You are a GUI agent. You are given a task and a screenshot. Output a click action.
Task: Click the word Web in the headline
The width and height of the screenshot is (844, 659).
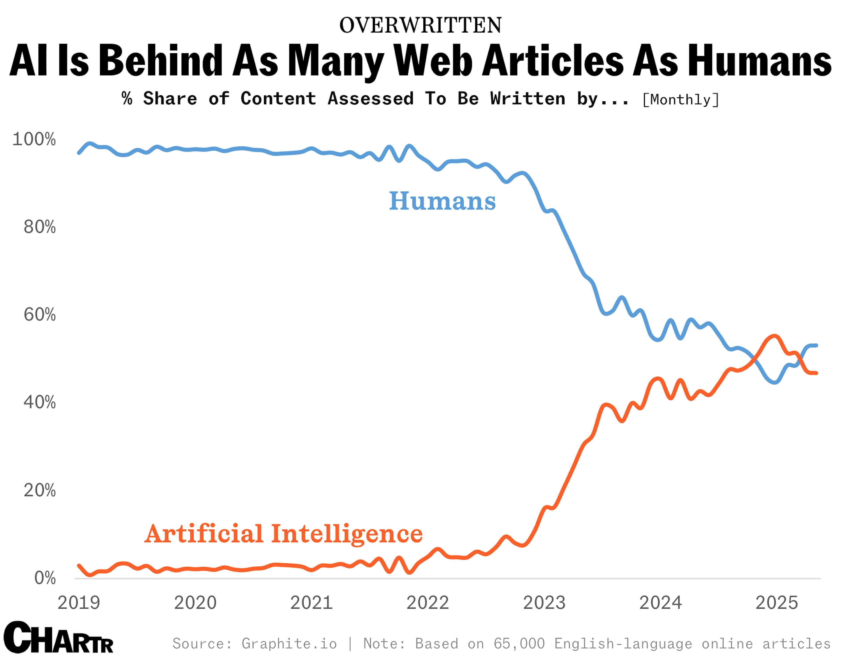(434, 61)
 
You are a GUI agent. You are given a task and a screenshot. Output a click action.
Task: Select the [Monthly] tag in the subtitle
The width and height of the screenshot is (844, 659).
(680, 100)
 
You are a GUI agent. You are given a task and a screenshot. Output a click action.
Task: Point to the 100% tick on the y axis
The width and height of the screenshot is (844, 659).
(34, 139)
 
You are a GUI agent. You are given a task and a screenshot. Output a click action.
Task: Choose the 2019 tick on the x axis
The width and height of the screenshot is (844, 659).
(79, 603)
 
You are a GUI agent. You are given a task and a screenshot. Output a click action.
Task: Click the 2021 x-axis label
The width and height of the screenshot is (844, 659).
(311, 603)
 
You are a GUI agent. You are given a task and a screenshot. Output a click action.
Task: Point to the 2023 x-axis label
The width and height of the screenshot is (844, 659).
(544, 603)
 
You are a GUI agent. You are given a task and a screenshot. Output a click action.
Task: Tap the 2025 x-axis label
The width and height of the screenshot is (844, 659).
(777, 603)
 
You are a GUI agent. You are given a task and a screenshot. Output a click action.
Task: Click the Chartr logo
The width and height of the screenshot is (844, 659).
(58, 637)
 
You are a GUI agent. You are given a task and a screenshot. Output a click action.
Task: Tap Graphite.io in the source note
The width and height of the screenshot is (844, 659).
(289, 644)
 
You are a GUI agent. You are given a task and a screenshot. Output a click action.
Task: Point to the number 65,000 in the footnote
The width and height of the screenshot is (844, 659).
(519, 644)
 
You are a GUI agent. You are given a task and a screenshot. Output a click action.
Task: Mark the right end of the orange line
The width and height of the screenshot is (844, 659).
(816, 373)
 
